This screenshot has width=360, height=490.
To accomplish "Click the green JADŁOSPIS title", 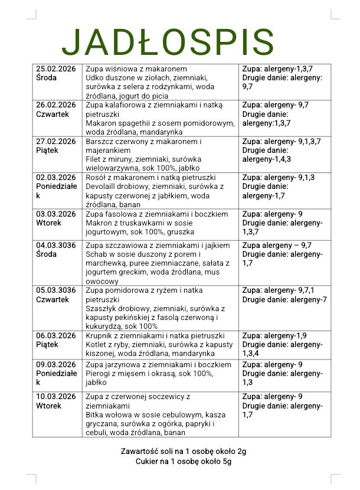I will [168, 43].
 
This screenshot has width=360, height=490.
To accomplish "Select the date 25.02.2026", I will [56, 68].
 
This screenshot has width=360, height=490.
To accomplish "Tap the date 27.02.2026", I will [56, 141].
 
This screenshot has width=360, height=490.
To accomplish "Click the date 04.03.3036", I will [56, 245].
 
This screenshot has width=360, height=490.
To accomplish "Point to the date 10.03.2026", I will [56, 397].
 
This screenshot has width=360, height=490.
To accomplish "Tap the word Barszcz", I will [100, 141].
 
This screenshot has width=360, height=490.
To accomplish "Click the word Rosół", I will [97, 177].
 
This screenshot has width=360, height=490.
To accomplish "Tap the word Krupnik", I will [100, 336].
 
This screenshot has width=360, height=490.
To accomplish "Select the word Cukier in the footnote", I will [147, 462].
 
